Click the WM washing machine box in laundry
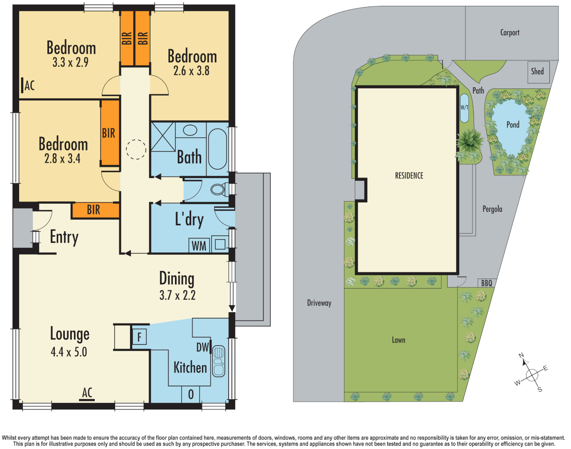(199, 245)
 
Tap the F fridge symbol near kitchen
(139, 336)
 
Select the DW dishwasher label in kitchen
(202, 347)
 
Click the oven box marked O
(191, 394)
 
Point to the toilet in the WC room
(218, 190)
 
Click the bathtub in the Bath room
(217, 149)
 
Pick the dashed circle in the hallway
(136, 149)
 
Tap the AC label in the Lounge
(87, 392)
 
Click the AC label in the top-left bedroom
(30, 86)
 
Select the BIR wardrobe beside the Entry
(94, 210)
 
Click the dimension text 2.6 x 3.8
(191, 71)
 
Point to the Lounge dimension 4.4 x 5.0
(69, 352)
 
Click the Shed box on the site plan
(538, 72)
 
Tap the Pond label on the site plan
(513, 125)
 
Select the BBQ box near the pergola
(486, 283)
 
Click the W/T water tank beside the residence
(464, 108)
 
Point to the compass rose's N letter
(521, 355)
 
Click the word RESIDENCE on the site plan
(409, 176)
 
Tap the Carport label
(509, 32)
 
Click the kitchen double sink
(219, 361)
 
